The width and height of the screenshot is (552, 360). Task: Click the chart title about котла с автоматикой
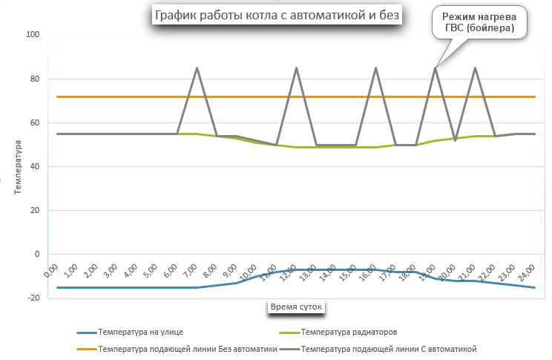click(276, 15)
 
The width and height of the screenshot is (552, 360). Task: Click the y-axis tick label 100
click(33, 35)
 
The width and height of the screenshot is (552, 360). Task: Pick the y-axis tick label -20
click(33, 298)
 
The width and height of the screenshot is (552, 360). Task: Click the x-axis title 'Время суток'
click(295, 305)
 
